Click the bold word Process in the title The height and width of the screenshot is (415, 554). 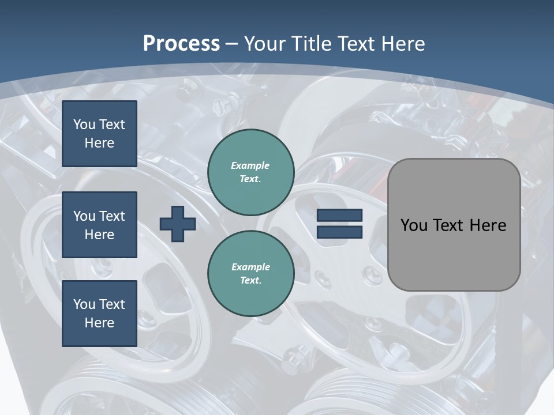(x=181, y=44)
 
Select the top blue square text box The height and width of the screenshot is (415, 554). (x=99, y=134)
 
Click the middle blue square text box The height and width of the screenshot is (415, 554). (x=99, y=225)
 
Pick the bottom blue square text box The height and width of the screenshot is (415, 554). (x=99, y=314)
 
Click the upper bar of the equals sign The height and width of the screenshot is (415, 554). (x=340, y=216)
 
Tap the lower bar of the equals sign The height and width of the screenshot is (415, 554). (x=340, y=232)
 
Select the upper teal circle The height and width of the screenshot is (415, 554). (x=251, y=172)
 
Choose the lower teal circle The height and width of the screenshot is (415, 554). (x=251, y=273)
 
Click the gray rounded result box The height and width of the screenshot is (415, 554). (x=454, y=225)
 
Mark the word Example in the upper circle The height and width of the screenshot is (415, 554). (x=250, y=165)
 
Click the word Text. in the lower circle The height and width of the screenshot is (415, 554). (x=250, y=281)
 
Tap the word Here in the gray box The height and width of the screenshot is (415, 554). (x=488, y=225)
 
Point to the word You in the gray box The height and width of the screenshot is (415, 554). (x=414, y=225)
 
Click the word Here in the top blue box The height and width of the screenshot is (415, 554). (x=99, y=143)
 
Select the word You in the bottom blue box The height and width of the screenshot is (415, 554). (x=84, y=304)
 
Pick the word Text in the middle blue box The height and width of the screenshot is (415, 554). (x=112, y=216)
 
